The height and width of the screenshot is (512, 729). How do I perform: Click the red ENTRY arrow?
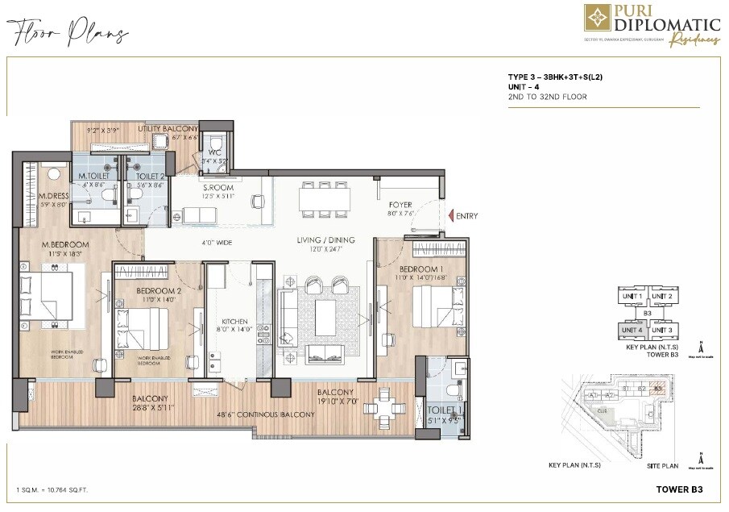(449, 216)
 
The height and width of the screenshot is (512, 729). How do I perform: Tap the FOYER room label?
(400, 206)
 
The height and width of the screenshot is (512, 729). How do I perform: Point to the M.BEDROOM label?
(66, 244)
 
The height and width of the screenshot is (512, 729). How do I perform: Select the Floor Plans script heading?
(68, 34)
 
